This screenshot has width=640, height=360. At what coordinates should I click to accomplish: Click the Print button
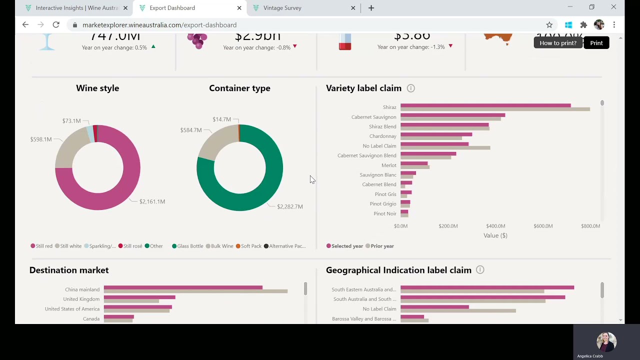[596, 43]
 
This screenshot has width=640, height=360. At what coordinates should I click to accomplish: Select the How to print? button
[557, 43]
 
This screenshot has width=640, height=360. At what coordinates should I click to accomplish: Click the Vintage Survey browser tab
[282, 8]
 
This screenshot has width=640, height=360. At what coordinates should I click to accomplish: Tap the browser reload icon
[56, 25]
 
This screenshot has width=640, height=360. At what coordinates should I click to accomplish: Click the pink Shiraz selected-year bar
[485, 105]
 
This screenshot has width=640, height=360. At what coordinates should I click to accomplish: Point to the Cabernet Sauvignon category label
[373, 117]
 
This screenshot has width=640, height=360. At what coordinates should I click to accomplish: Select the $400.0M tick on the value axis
[495, 226]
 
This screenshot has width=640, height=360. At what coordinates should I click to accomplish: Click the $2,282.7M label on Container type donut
[290, 206]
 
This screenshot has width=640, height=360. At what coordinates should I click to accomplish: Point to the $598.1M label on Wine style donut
[41, 139]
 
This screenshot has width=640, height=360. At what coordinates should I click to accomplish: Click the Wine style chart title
[97, 88]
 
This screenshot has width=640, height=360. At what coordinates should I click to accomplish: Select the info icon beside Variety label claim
[410, 88]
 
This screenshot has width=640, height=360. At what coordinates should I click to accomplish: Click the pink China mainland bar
[183, 287]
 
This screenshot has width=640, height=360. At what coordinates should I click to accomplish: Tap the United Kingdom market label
[81, 299]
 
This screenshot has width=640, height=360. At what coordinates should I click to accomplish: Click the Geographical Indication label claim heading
[398, 270]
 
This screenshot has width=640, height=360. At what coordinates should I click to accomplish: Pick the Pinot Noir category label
[384, 213]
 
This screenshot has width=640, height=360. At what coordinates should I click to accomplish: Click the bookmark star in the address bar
[549, 25]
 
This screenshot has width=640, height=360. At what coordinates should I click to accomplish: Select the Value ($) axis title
[495, 235]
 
